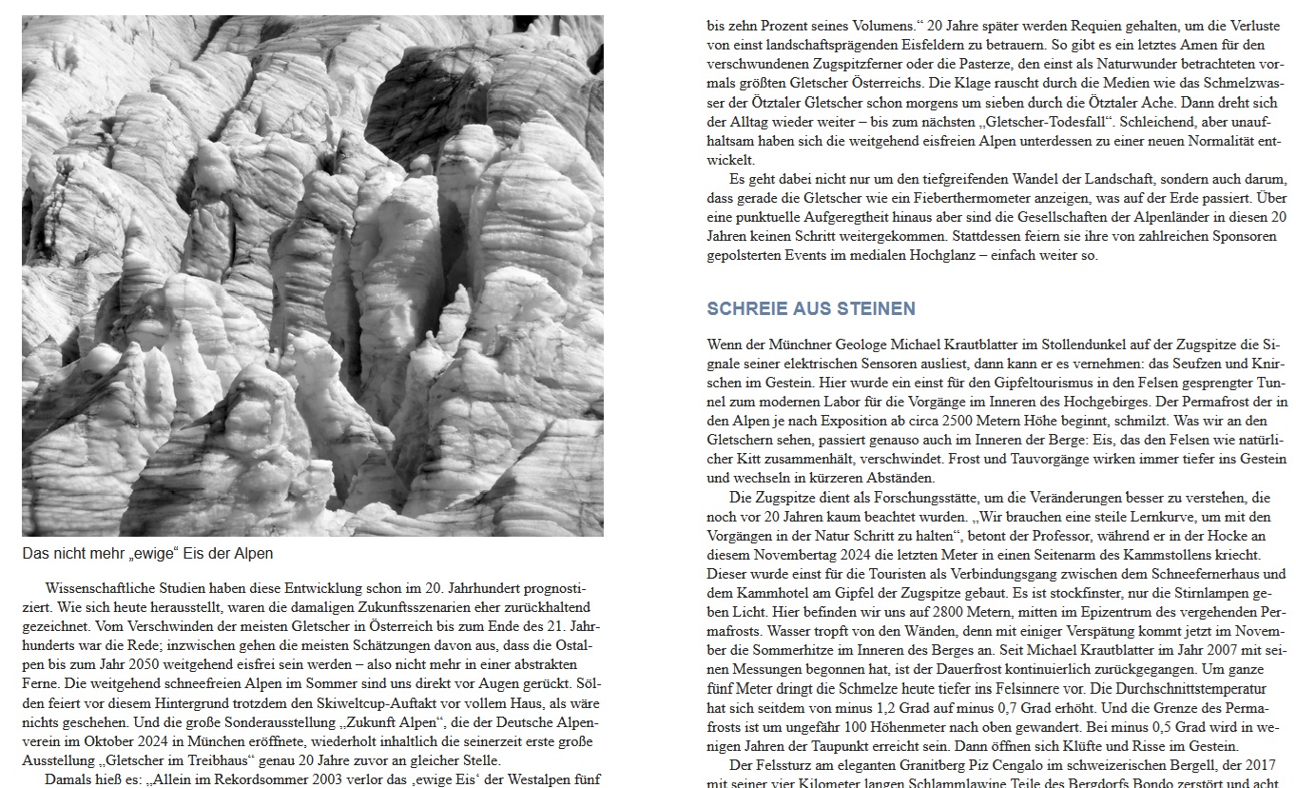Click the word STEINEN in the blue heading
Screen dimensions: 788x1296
coord(876,309)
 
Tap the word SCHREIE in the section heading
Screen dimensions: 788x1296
coord(743,309)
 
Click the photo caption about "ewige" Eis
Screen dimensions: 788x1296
coord(147,553)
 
